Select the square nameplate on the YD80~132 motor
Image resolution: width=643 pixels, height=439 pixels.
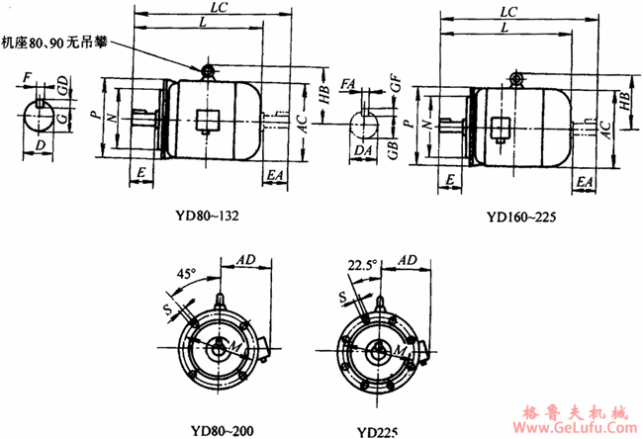pos(208,122)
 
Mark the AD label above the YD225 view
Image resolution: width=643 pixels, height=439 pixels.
pos(405,259)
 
